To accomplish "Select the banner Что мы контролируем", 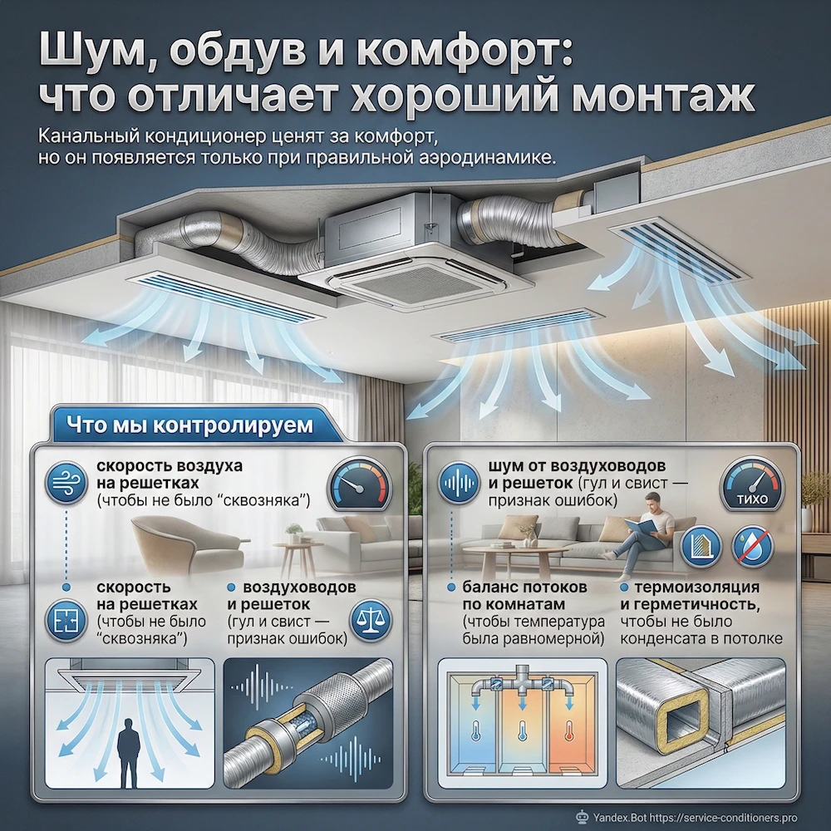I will (x=189, y=425).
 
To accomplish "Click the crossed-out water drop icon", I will (x=753, y=546).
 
